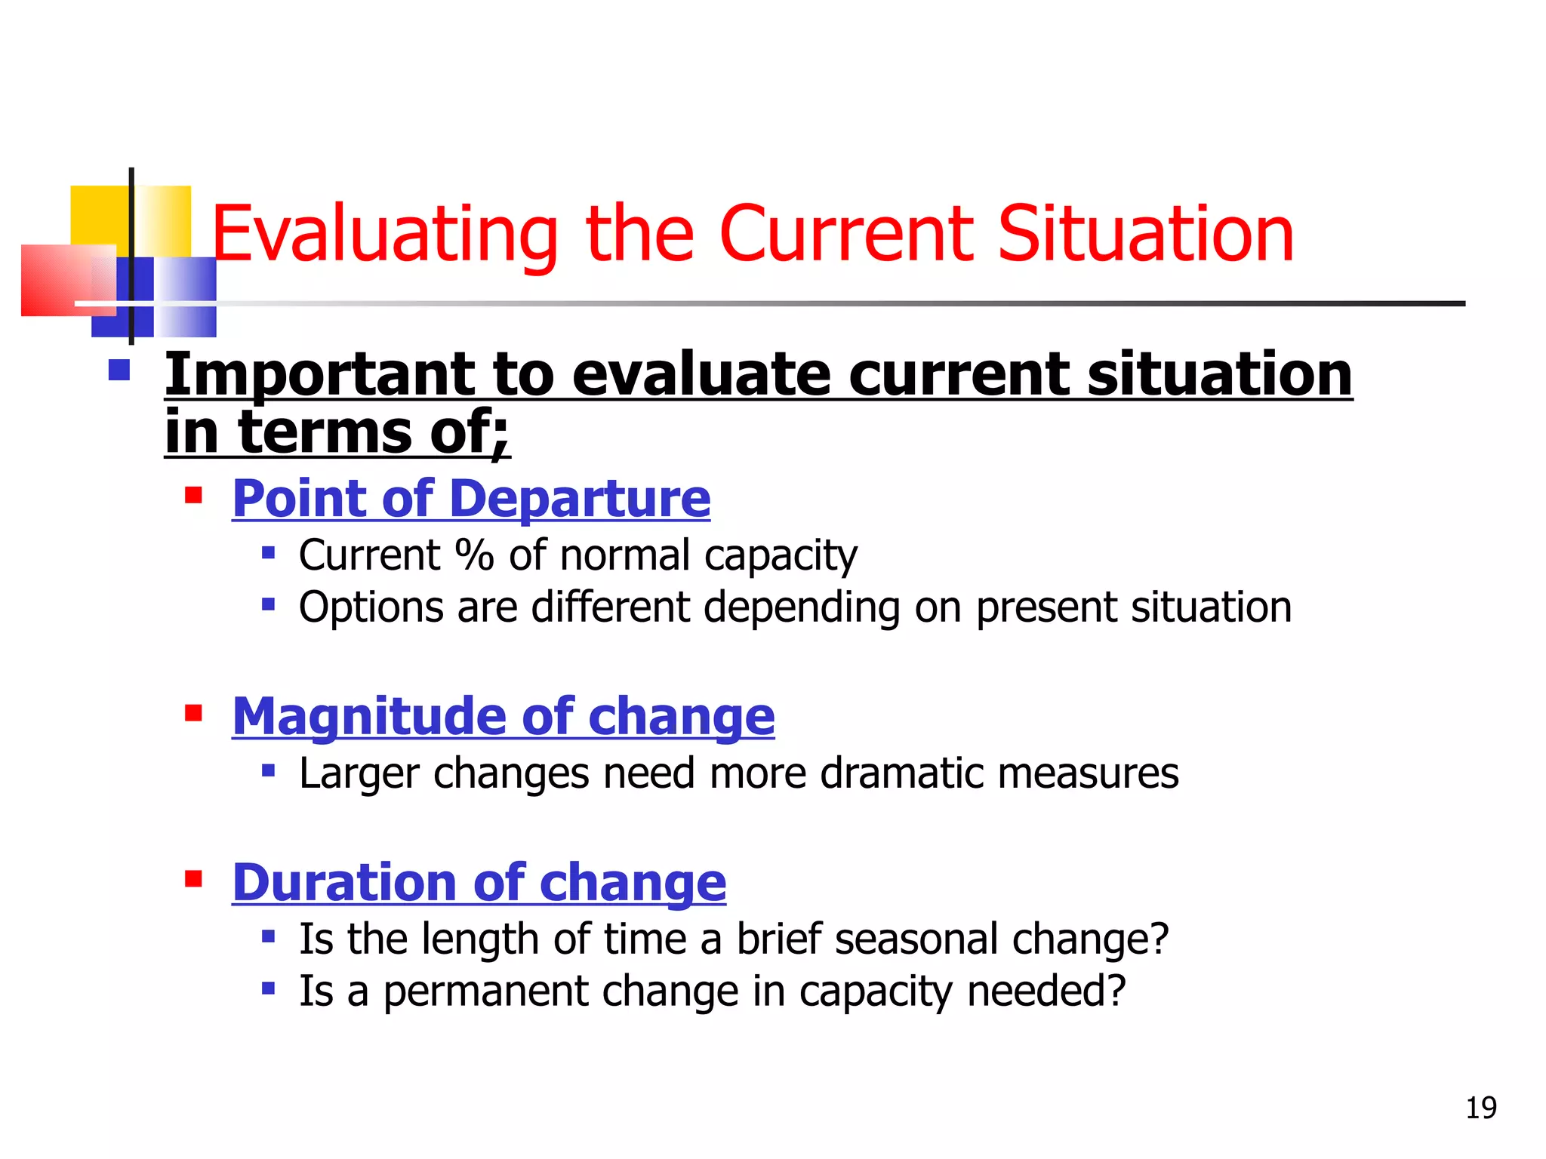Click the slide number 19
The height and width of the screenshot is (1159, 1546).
pyautogui.click(x=1480, y=1108)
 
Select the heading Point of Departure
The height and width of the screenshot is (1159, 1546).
pyautogui.click(x=471, y=499)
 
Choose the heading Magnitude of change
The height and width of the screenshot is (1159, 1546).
pyautogui.click(x=503, y=716)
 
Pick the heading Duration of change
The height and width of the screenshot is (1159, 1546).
pyautogui.click(x=479, y=882)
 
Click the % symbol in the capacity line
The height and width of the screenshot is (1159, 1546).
pyautogui.click(x=474, y=555)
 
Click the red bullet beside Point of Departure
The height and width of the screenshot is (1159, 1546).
pyautogui.click(x=194, y=496)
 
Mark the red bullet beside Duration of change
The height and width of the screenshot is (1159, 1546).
pyautogui.click(x=194, y=879)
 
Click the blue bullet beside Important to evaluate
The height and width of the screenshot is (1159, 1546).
pyautogui.click(x=119, y=370)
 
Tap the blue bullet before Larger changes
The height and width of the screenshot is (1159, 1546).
pyautogui.click(x=268, y=770)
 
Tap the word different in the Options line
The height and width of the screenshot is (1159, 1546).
pyautogui.click(x=610, y=607)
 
